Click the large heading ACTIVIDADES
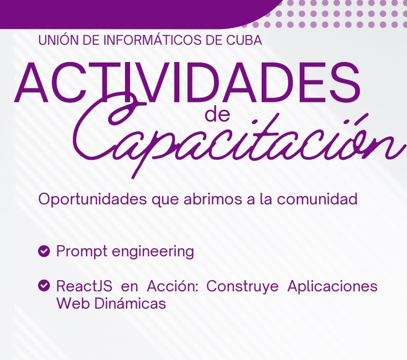tap(187, 82)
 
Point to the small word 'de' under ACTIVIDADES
tap(217, 115)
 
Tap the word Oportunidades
tap(92, 199)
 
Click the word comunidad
tap(317, 199)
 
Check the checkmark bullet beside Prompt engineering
tap(44, 251)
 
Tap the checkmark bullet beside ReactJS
tap(44, 286)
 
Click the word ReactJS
tap(84, 286)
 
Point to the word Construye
tap(242, 286)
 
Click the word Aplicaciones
tap(332, 286)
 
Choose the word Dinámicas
tap(130, 303)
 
